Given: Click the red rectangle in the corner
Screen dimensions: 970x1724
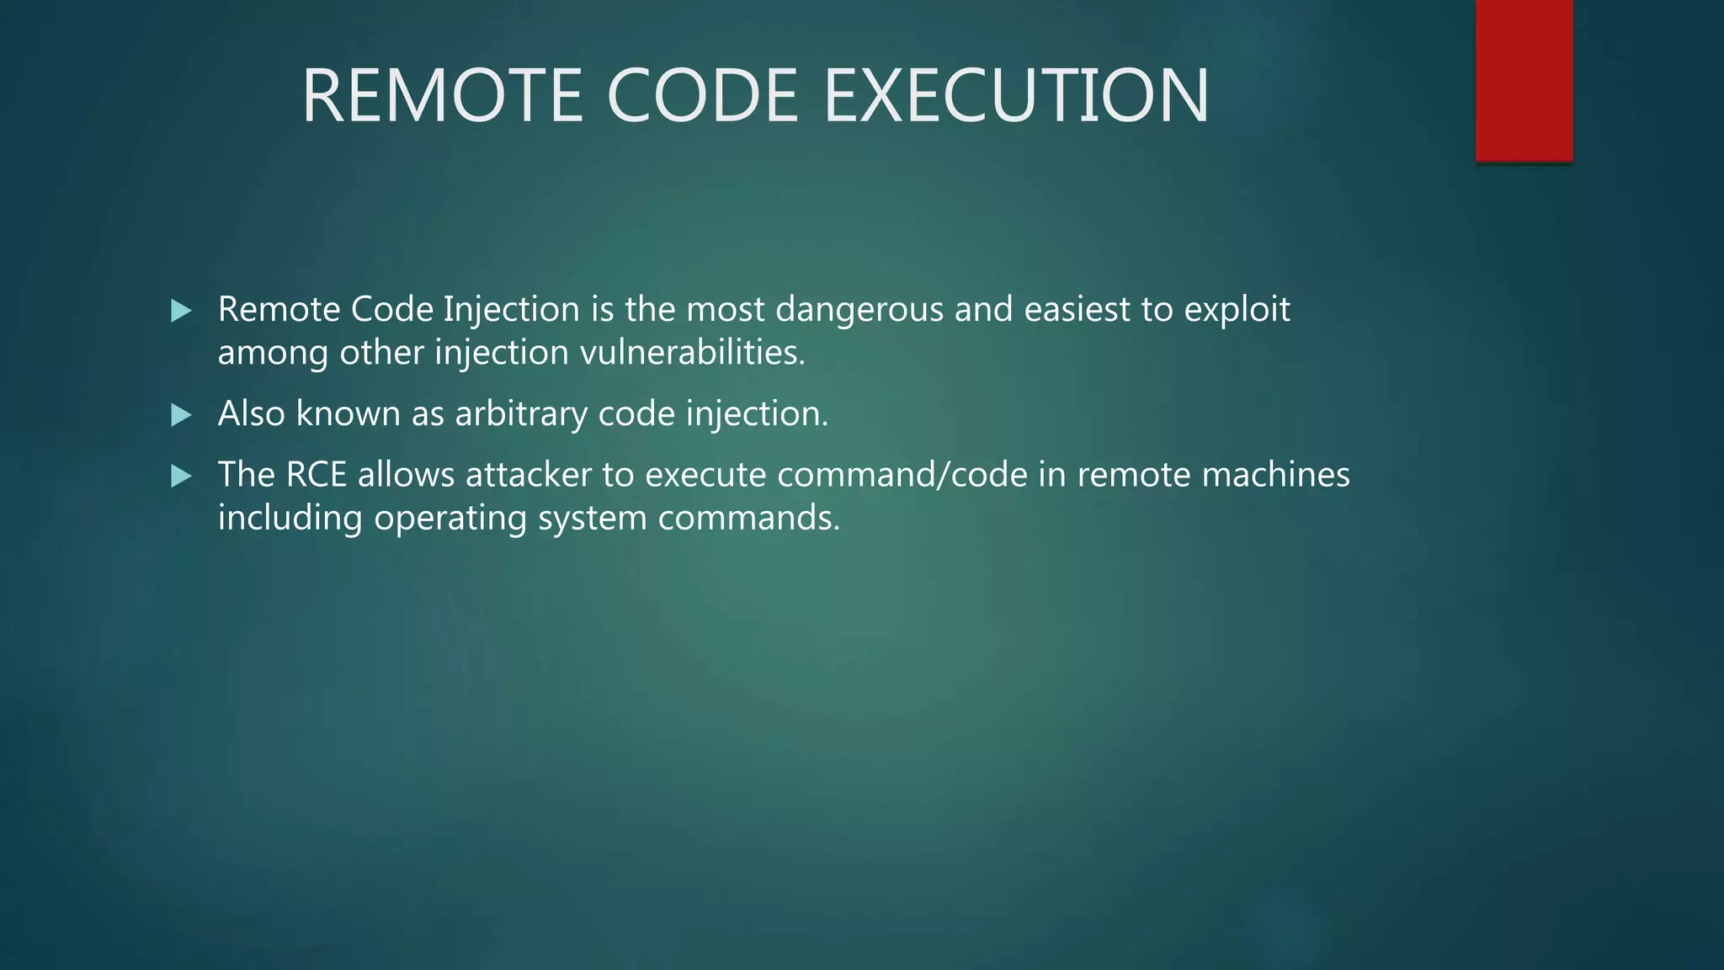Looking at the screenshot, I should click(1524, 81).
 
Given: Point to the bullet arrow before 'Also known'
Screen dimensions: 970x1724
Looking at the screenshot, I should click(181, 415).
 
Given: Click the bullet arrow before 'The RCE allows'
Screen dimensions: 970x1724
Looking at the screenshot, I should click(181, 477).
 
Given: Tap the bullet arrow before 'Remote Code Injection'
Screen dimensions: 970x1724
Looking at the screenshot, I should click(181, 312).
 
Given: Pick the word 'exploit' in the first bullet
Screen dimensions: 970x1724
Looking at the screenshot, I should click(1237, 310).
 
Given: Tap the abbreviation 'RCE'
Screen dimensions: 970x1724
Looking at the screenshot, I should click(316, 475).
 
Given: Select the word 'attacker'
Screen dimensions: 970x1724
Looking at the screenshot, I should click(529, 475).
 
